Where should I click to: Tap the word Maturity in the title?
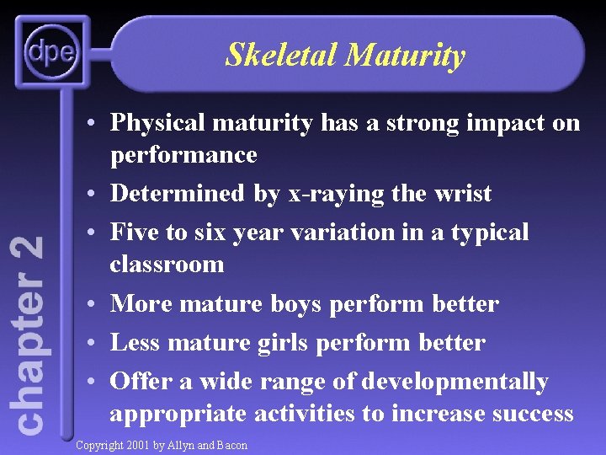[405, 56]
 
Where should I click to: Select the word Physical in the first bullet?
[157, 123]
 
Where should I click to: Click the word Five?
[135, 232]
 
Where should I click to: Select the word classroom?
[167, 265]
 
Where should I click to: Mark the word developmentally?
[454, 382]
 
